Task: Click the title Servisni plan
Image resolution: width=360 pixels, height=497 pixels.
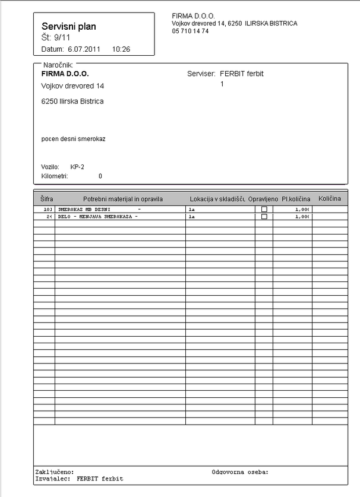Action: (69, 27)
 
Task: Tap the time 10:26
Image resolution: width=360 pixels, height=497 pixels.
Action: (121, 49)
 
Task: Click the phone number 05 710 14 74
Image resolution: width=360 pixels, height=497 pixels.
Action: (190, 31)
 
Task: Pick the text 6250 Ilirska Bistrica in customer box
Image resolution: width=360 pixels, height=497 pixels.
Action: (72, 102)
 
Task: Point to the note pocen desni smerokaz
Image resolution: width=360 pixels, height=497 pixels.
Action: (73, 139)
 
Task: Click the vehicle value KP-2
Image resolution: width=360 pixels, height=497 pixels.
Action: (77, 167)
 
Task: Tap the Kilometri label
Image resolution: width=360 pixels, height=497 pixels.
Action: (55, 176)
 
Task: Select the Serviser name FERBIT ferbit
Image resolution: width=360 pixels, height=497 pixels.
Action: (241, 74)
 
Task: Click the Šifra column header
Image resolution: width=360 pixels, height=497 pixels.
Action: (46, 198)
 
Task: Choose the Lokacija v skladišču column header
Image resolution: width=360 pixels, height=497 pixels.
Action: (217, 198)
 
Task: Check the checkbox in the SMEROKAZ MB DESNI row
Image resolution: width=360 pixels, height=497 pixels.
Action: (264, 210)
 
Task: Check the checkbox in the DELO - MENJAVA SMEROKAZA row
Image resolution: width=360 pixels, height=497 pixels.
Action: (264, 217)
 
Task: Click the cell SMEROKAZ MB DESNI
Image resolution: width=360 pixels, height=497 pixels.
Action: (84, 210)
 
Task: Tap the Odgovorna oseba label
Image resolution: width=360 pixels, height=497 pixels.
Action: (240, 472)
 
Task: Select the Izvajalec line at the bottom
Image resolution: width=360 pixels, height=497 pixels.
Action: (79, 478)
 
